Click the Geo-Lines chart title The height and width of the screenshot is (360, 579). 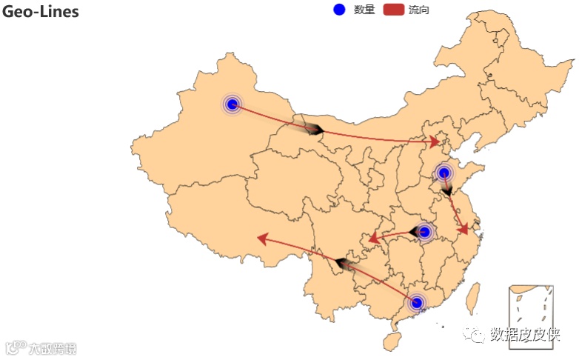pos(41,12)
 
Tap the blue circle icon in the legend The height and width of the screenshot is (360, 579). pos(339,10)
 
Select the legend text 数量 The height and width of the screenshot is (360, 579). pos(364,10)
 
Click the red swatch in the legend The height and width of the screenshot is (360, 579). pos(393,10)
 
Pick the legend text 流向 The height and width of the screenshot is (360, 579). pos(419,10)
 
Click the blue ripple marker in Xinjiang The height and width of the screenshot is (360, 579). pos(232,104)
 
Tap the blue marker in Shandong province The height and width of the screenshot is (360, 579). pos(444,173)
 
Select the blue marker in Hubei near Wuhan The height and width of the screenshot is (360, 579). pos(424,232)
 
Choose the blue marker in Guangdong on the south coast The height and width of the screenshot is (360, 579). pos(416,302)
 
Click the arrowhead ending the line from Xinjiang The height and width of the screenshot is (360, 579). pos(435,141)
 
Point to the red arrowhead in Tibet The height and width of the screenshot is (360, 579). pos(261,239)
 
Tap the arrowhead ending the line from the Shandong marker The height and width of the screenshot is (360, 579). pos(463,230)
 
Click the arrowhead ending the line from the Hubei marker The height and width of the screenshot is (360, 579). pos(375,239)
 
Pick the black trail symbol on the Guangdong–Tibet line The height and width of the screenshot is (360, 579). pos(343,263)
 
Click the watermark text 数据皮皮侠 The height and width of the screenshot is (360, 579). pos(524,335)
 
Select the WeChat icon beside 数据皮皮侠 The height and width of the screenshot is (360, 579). pos(474,335)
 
